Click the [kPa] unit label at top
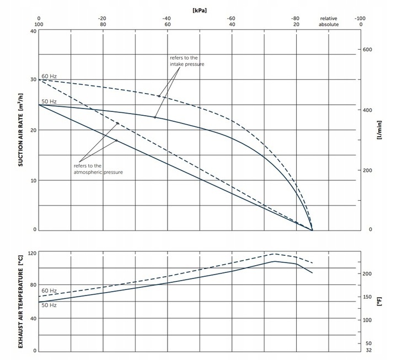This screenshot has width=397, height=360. point(200,10)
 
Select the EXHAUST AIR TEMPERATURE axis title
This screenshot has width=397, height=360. point(21,300)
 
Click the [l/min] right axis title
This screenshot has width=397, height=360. point(380,130)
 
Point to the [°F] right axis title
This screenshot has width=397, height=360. point(380,300)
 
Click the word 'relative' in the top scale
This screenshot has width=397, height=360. point(329,18)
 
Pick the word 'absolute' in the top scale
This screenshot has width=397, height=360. point(329,25)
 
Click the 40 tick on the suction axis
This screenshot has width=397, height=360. point(33,31)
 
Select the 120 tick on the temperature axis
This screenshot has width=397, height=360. point(31,253)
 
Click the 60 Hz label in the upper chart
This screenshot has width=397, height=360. point(49,76)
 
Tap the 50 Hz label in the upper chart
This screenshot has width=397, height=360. point(49,101)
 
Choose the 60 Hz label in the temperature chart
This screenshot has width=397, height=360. point(49,291)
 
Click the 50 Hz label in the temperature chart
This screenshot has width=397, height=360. point(49,305)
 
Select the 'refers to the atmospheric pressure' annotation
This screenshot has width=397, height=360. point(98,169)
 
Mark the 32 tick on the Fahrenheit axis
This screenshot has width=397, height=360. point(368,350)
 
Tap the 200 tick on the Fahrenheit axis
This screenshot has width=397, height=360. point(368,274)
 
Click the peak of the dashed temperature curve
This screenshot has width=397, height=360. point(275,254)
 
